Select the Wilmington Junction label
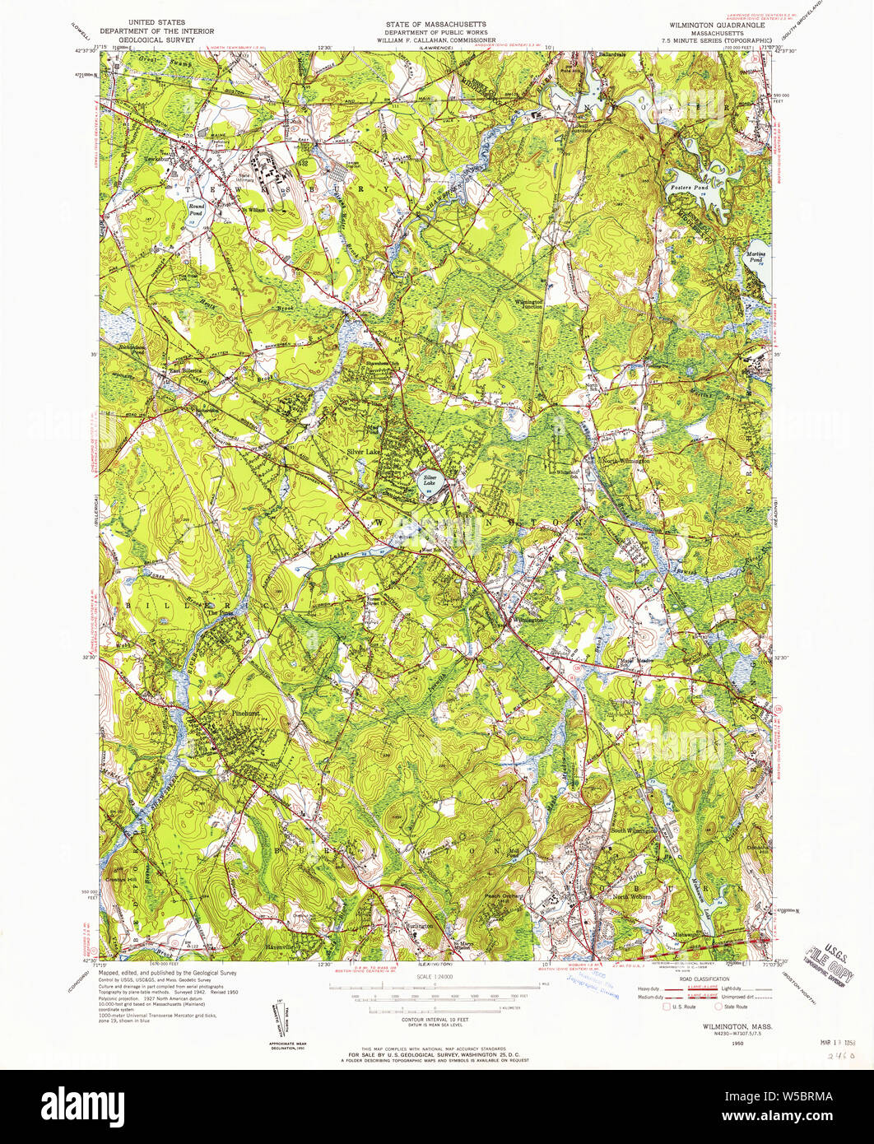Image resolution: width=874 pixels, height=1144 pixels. [x=528, y=305]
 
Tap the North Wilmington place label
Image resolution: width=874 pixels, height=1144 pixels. [x=625, y=462]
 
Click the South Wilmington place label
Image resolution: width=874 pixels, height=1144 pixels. [x=633, y=831]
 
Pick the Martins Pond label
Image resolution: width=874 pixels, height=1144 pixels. [x=755, y=256]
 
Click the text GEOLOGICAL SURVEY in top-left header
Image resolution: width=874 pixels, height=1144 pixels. [x=156, y=39]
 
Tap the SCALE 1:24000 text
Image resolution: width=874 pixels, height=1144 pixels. [x=436, y=977]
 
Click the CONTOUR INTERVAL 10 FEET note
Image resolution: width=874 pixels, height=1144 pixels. [x=436, y=1019]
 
